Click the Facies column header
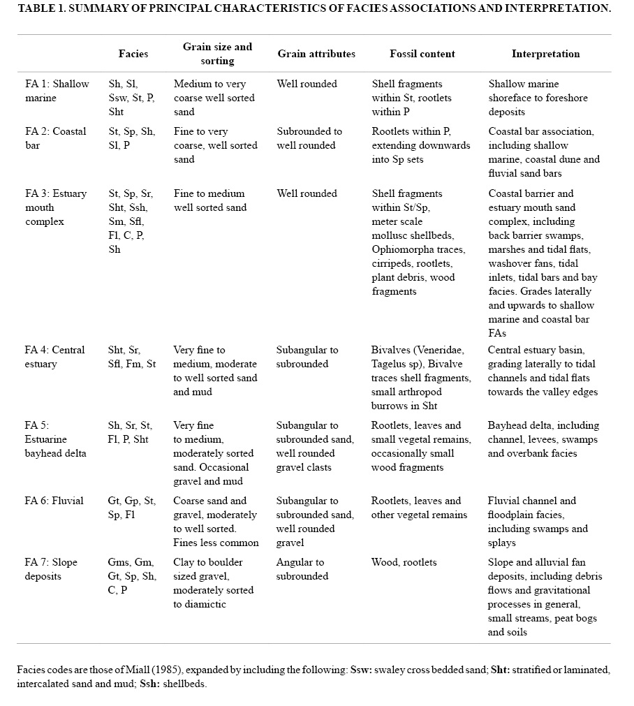coord(133,54)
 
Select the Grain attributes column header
coord(316,54)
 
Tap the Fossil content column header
coord(422,54)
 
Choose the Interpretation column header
coord(545,54)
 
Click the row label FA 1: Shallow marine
coord(57,91)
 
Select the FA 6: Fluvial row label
coord(54,501)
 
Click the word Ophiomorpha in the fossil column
coord(402,249)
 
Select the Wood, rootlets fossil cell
coord(404,562)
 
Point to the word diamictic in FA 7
coord(208,604)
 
